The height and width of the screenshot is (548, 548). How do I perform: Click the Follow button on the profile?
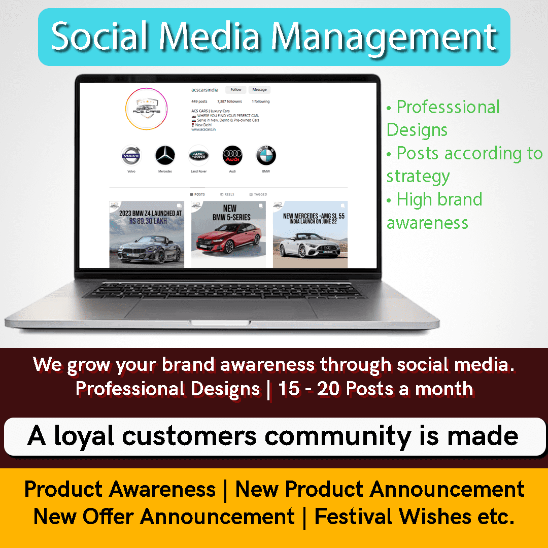(236, 90)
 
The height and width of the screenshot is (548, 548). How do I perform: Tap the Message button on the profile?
(259, 90)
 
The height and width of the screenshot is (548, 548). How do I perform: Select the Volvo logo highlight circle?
(131, 156)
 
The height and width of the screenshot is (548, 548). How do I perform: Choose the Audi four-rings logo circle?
(232, 156)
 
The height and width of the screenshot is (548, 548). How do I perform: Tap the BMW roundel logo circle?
(266, 156)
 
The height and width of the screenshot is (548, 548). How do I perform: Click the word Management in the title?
(384, 37)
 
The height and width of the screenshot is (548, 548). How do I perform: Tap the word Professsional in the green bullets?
(448, 107)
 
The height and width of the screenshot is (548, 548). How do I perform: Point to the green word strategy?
(418, 176)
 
